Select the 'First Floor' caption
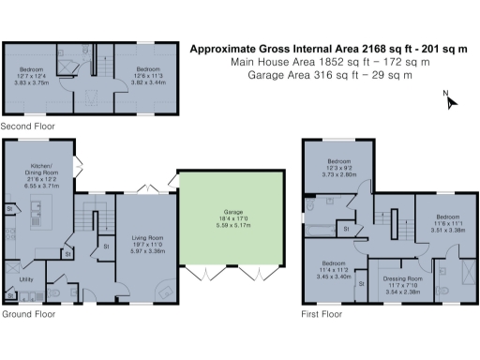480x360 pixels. tap(319, 312)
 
